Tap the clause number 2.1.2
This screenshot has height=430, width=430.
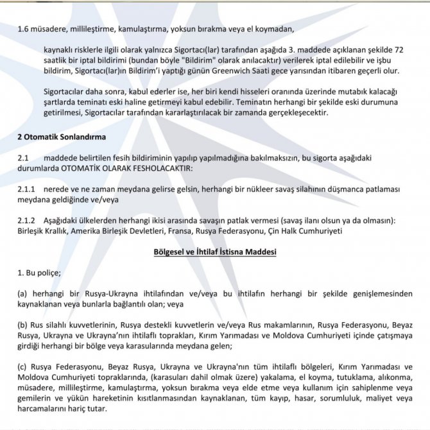click(x=27, y=220)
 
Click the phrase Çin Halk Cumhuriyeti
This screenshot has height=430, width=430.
click(x=311, y=230)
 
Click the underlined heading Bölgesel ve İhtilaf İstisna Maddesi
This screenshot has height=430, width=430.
click(x=214, y=252)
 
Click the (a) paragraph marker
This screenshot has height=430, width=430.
click(x=23, y=294)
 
